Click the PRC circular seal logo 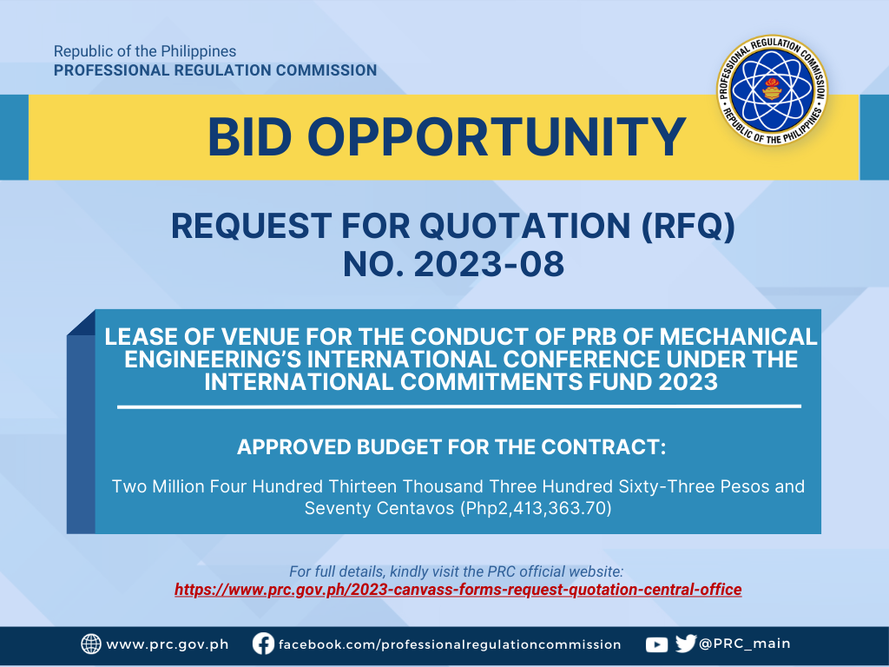(x=772, y=89)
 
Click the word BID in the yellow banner (x=249, y=137)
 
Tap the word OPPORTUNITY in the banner (x=497, y=137)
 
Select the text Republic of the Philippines (x=145, y=51)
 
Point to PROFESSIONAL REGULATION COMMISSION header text (x=215, y=70)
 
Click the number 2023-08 (x=490, y=264)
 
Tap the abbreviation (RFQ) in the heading (x=688, y=227)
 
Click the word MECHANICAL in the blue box (x=738, y=337)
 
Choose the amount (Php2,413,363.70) (x=536, y=507)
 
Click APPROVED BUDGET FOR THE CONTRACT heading (x=451, y=447)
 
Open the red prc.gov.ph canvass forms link (x=458, y=590)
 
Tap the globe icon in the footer (x=90, y=644)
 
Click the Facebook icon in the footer (x=263, y=644)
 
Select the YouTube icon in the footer (x=656, y=645)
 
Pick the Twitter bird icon (x=686, y=644)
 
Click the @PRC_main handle (x=744, y=644)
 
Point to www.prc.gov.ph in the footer (x=168, y=645)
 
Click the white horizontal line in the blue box (x=459, y=406)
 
